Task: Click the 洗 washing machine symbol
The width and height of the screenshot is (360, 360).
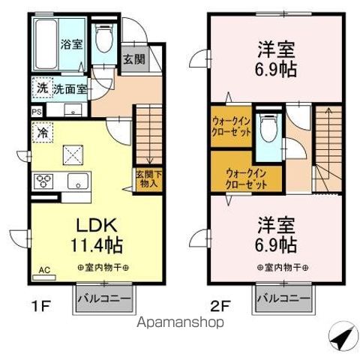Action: (43, 88)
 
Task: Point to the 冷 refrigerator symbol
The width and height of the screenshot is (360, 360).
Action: (41, 130)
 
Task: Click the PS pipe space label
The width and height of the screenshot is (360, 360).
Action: (37, 112)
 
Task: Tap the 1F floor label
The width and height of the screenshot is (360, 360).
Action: (43, 306)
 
